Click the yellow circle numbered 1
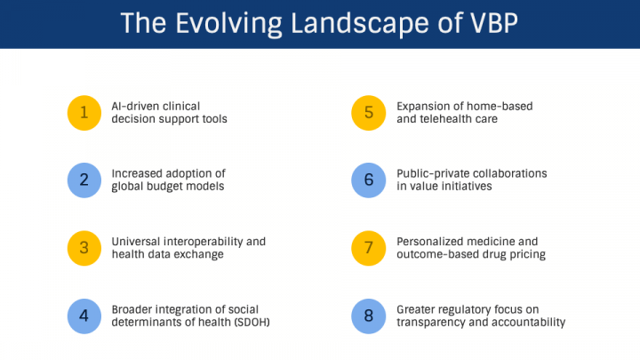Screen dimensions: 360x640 84,112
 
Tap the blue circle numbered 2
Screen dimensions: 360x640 84,180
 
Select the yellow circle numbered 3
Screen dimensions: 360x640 84,248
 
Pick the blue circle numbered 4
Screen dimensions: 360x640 84,315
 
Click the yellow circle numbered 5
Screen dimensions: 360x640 369,112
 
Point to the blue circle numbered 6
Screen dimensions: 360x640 369,180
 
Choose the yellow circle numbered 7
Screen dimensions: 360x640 369,248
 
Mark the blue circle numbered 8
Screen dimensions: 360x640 369,315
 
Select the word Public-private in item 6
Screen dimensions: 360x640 433,172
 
